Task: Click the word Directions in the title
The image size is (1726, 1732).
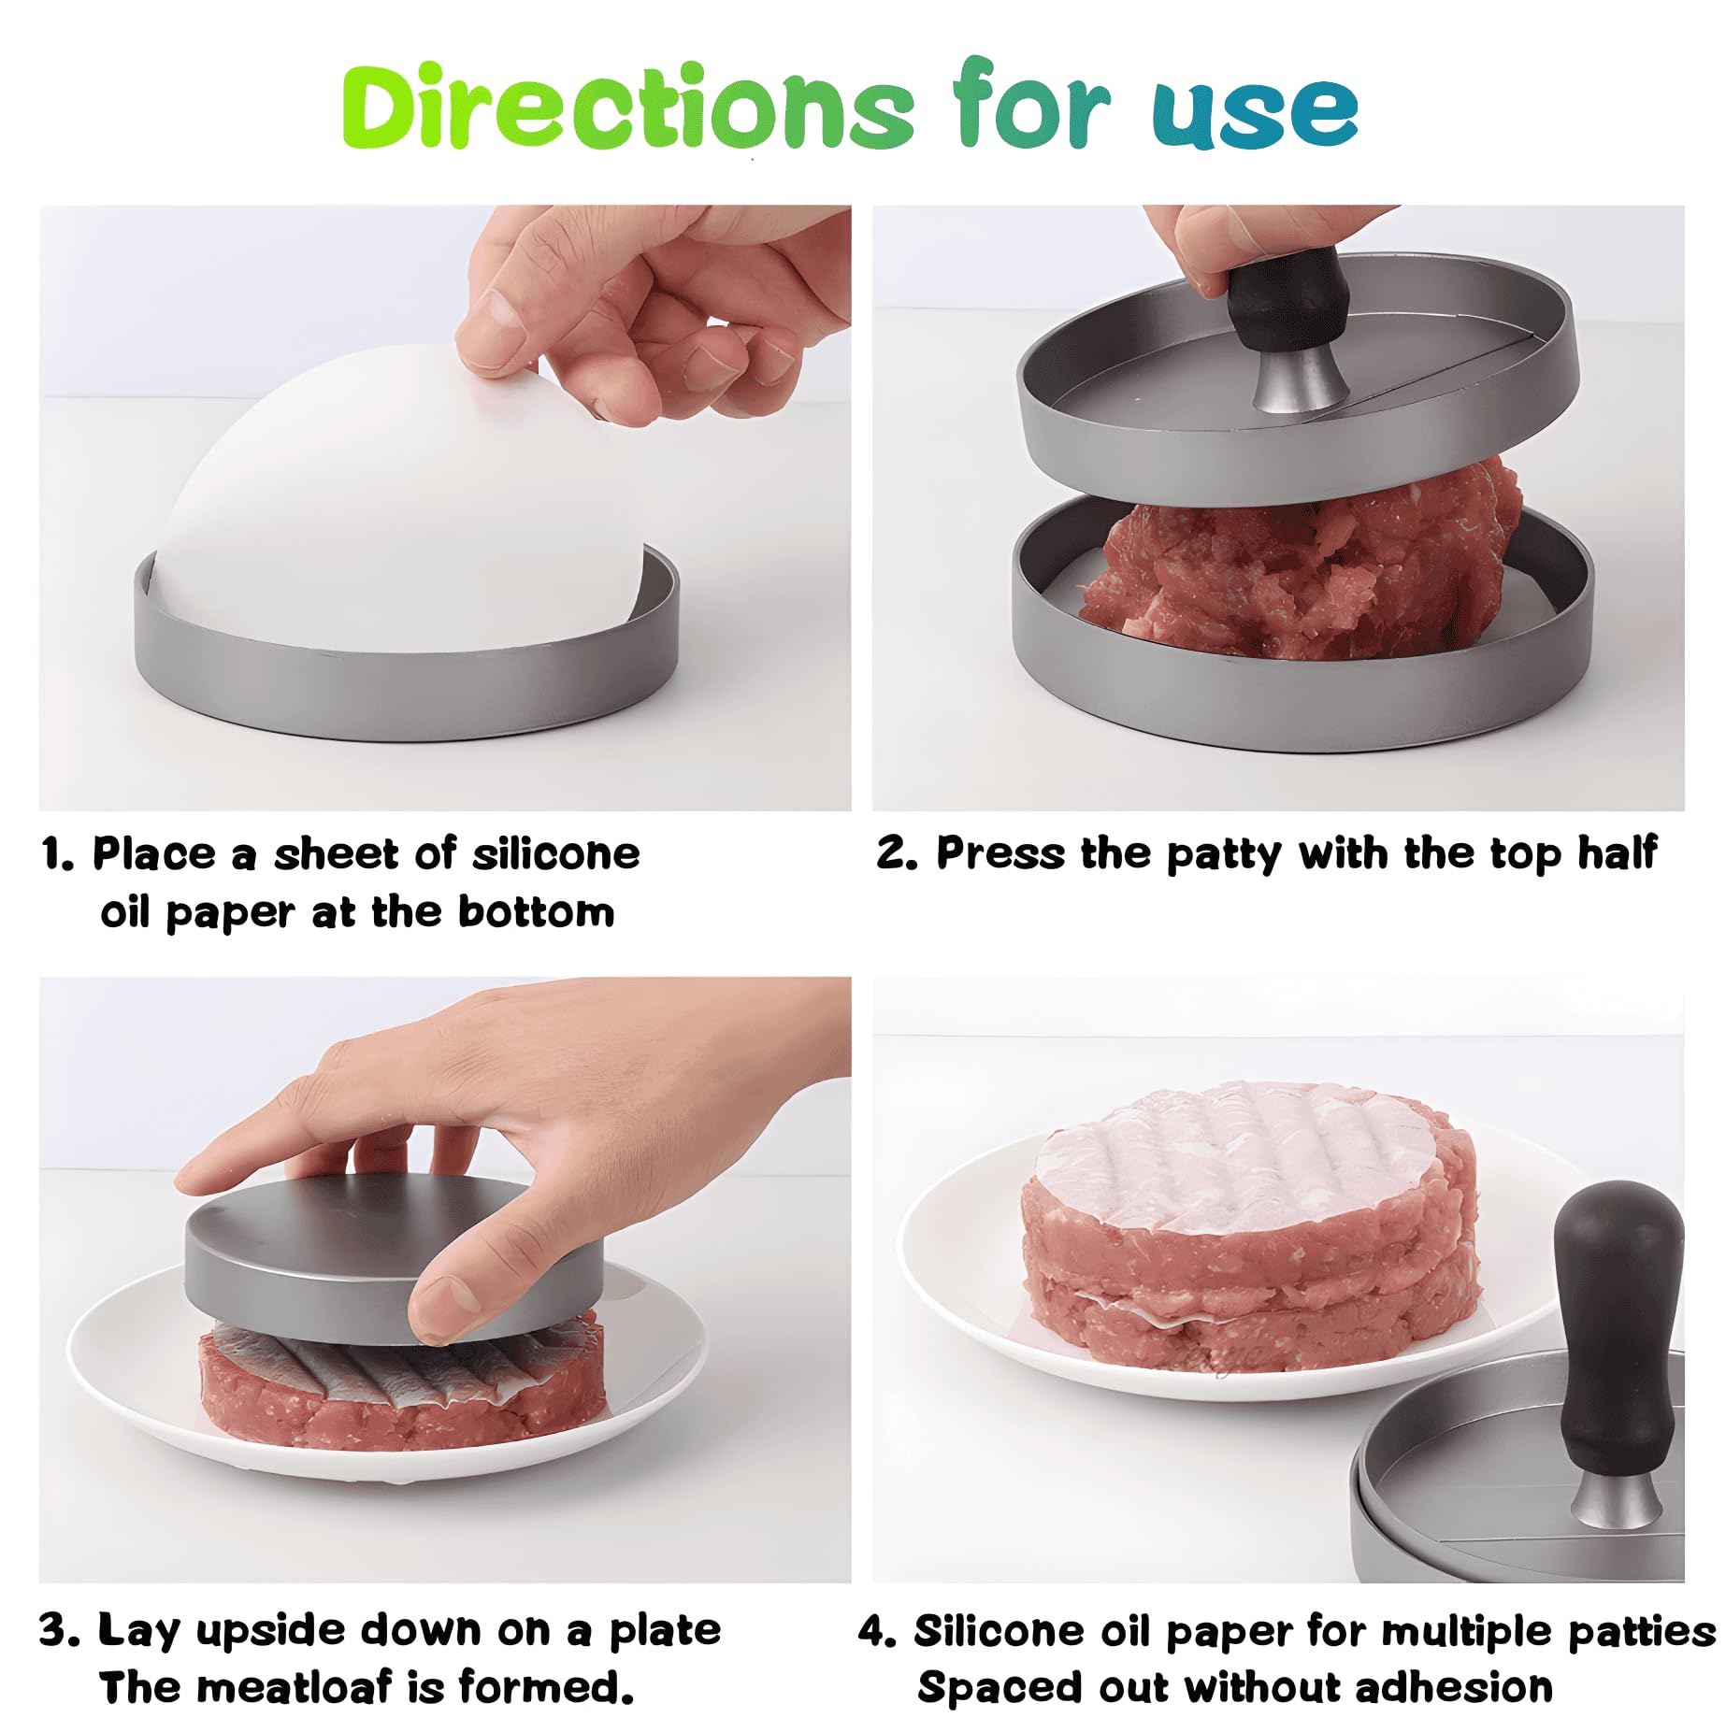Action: pos(626,107)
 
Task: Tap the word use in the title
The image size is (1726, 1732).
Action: pos(1255,112)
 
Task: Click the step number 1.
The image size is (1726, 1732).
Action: pos(57,854)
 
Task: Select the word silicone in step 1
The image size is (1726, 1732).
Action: pos(555,854)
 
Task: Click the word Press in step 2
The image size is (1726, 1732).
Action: pos(1000,853)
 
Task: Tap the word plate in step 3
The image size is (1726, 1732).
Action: pos(665,1631)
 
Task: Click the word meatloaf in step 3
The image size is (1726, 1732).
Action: pos(295,1688)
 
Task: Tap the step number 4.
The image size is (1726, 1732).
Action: pos(876,1632)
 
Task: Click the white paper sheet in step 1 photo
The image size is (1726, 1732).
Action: pos(393,495)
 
